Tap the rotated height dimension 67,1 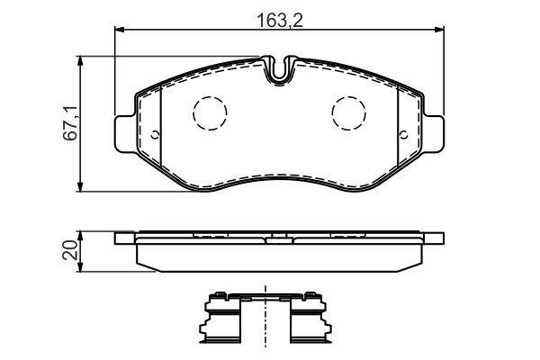[x=69, y=122]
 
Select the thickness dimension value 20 [x=69, y=249]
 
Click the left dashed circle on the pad [x=211, y=112]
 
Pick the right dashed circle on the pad [x=348, y=112]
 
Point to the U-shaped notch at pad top [x=281, y=70]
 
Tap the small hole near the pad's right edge [x=404, y=137]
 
